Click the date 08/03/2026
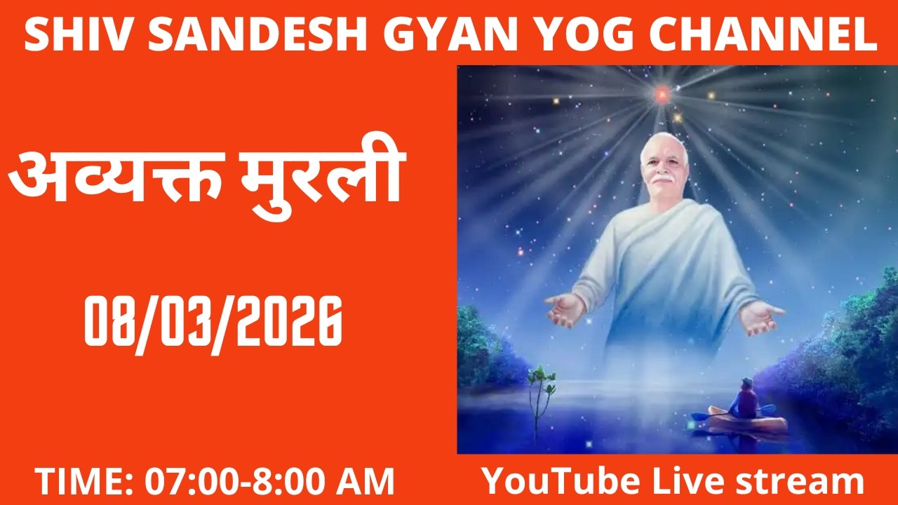pos(213,321)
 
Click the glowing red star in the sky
pos(662,93)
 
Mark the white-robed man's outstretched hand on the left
pos(565,309)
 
